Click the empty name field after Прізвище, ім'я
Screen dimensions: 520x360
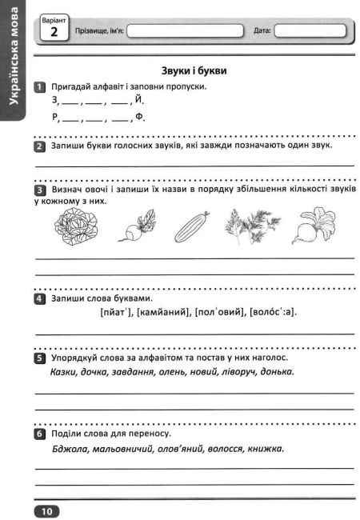click(x=184, y=31)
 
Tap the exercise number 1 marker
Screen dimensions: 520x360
click(x=39, y=86)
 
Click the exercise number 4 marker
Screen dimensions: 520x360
click(x=39, y=298)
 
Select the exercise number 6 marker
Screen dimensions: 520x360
click(x=39, y=433)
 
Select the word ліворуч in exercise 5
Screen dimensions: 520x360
click(x=241, y=371)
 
